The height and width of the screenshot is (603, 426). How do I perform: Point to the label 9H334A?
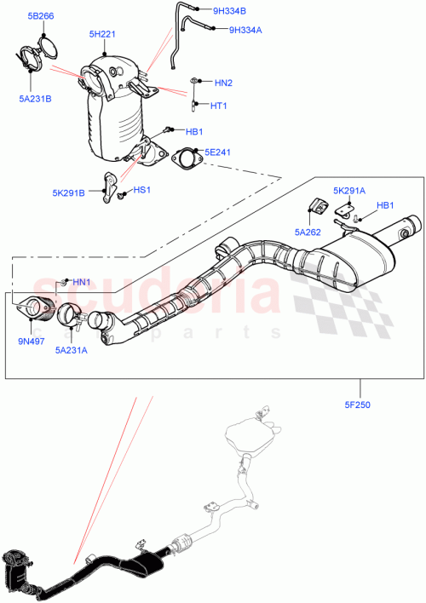245,30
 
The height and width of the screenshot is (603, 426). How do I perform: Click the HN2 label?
223,83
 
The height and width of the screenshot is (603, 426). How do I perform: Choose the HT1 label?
218,106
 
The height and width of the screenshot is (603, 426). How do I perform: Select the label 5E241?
218,152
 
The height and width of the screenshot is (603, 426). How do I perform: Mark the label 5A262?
307,230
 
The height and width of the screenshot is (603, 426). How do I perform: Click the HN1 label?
81,282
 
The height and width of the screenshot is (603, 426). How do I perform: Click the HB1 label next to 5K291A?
385,205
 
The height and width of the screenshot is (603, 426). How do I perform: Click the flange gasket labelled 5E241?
184,158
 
